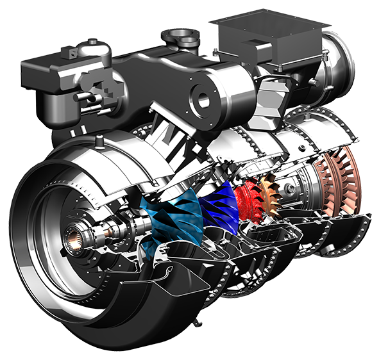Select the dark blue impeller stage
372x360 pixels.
point(215,205)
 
